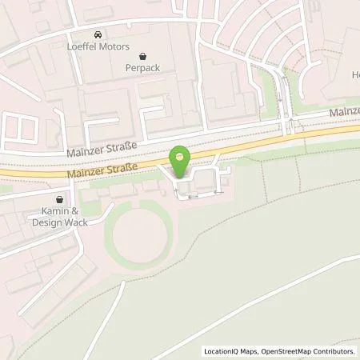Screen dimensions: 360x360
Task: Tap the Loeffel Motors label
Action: (x=98, y=47)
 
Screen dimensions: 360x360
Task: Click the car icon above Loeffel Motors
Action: (x=98, y=35)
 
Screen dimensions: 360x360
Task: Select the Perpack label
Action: (x=143, y=69)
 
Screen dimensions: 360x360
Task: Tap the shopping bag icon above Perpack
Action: (x=143, y=57)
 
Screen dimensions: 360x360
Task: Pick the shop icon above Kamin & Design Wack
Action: (x=59, y=199)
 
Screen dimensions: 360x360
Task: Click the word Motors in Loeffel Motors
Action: (x=112, y=47)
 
